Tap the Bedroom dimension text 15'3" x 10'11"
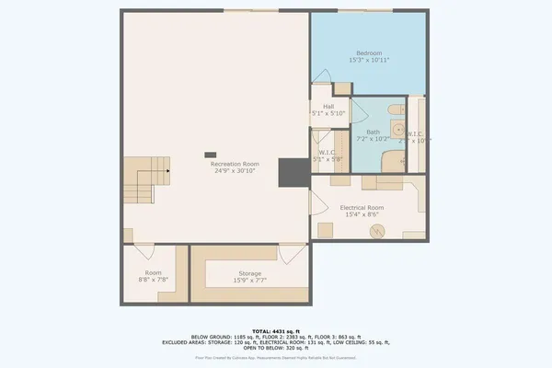(369, 60)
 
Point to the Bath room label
(373, 132)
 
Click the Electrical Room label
(362, 208)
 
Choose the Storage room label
(250, 273)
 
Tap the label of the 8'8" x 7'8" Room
(153, 273)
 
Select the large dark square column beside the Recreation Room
(293, 172)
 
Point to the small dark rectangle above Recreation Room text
(211, 155)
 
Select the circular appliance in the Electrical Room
(376, 232)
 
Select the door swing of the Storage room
(290, 252)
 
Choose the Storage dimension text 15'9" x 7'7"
(250, 281)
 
